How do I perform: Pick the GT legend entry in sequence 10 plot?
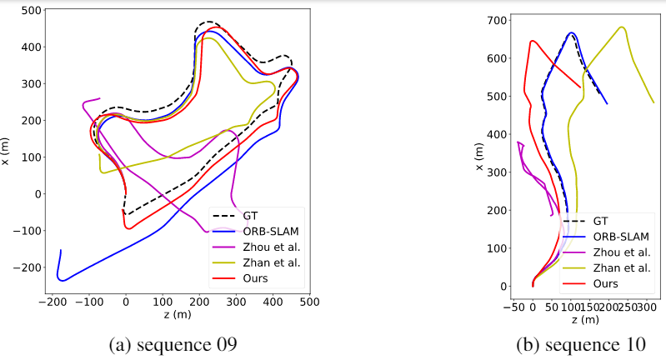600,221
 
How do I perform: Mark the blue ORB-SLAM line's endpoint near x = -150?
61,250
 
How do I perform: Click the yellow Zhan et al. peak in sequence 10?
621,27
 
